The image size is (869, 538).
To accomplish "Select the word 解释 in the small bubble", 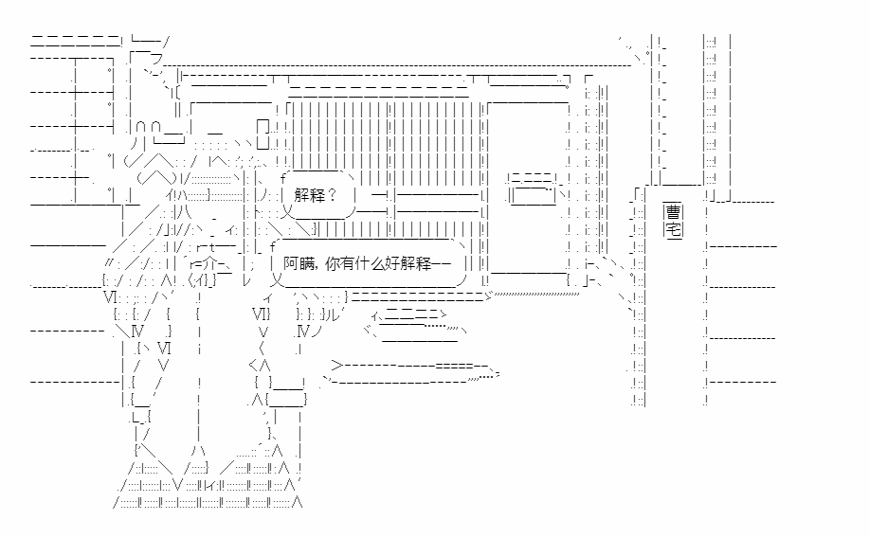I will click(x=309, y=196).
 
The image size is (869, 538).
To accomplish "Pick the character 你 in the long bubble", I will click(x=331, y=264).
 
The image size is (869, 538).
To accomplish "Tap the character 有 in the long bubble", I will click(x=347, y=264).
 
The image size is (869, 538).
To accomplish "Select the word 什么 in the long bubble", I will click(x=371, y=264).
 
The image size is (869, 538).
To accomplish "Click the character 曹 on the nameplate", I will click(x=673, y=212).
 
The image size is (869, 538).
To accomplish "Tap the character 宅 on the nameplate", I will click(x=673, y=228).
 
